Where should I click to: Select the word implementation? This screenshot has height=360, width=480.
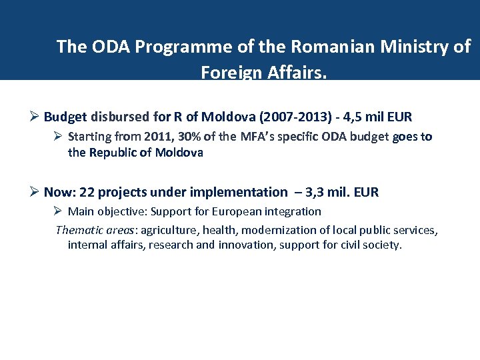click(x=238, y=192)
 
